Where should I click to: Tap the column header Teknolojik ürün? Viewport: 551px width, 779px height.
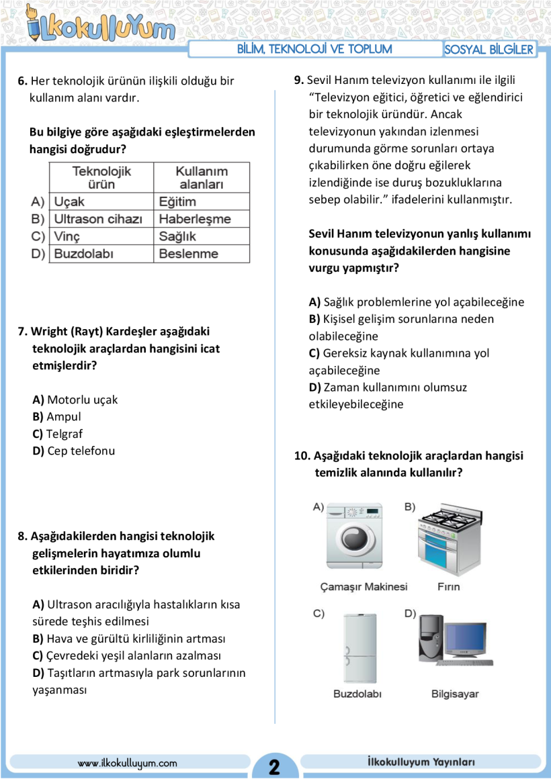[101, 177]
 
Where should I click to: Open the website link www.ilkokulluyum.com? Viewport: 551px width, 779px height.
[127, 763]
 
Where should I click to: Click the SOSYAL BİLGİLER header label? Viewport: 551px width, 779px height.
[489, 50]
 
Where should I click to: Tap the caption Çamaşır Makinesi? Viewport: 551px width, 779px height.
[364, 587]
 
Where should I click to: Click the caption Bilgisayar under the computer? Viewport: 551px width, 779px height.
[455, 694]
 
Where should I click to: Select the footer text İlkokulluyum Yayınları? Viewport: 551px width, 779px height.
[421, 762]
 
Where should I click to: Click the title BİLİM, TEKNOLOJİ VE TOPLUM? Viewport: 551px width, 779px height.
[314, 49]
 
